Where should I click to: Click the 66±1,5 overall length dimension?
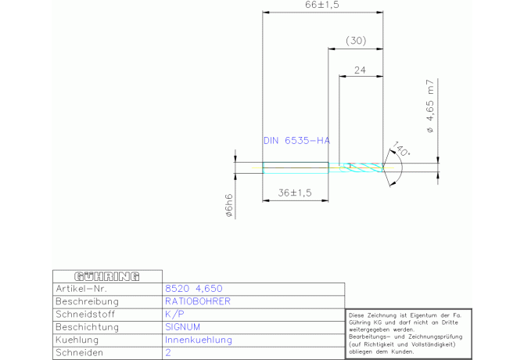click(x=322, y=5)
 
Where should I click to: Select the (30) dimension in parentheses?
click(x=355, y=41)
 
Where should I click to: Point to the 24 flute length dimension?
click(x=360, y=70)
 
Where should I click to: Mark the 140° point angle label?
click(x=402, y=149)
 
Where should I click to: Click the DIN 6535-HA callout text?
click(x=296, y=141)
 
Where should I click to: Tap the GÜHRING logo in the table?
click(x=106, y=275)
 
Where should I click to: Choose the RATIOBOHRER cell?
click(x=198, y=301)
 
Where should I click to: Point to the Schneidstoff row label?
click(x=87, y=315)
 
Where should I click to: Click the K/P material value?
click(x=174, y=315)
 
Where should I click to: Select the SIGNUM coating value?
click(x=183, y=327)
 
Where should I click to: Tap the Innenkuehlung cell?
click(x=199, y=340)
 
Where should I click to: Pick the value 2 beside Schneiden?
click(x=168, y=354)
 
